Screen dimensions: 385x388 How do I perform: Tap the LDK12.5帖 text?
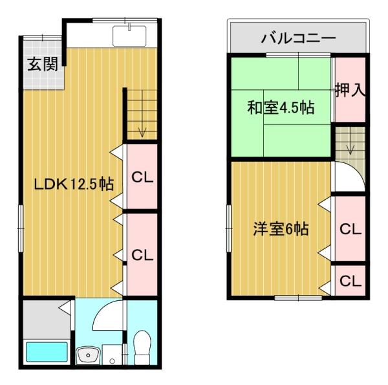[74, 184]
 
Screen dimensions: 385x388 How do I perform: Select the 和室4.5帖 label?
[280, 107]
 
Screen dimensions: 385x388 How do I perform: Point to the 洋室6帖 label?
[280, 229]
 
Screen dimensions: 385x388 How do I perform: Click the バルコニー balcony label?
[299, 39]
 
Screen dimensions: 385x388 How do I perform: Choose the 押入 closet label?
[350, 90]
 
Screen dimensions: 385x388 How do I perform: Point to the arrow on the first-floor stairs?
[142, 133]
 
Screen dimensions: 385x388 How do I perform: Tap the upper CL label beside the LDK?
[142, 177]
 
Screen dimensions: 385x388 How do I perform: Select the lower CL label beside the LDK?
[142, 254]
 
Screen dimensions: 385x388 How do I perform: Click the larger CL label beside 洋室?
[350, 229]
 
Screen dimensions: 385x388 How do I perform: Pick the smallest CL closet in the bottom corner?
[350, 281]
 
